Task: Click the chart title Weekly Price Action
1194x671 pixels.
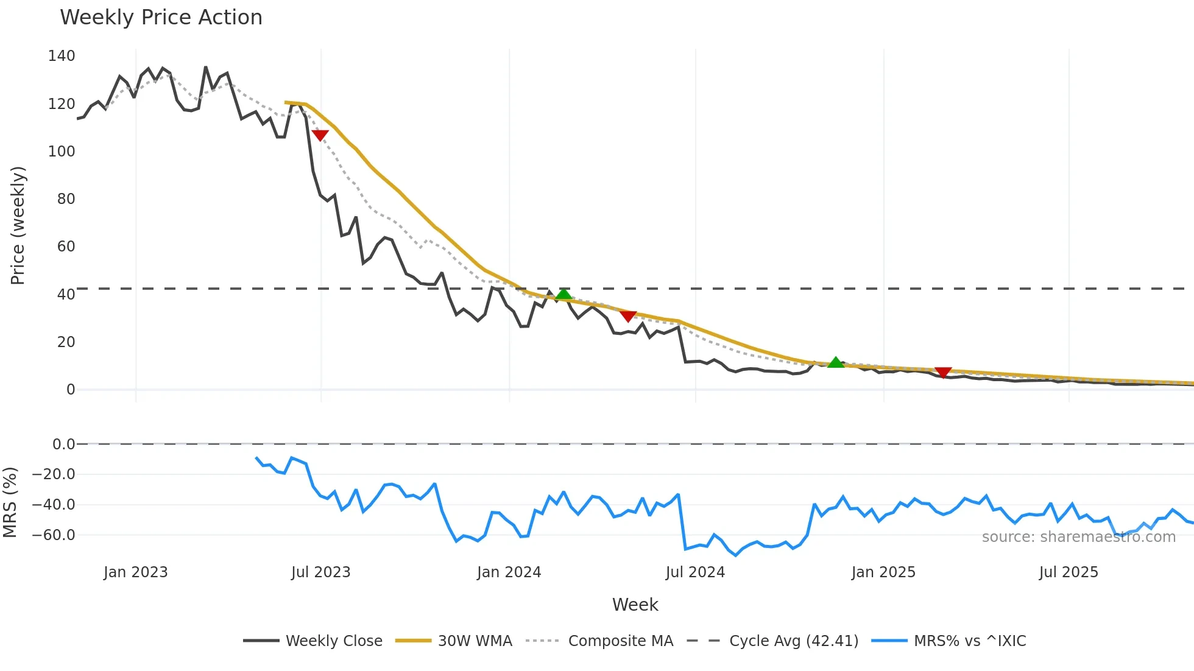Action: pos(161,18)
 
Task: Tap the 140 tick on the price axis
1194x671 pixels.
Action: pos(62,56)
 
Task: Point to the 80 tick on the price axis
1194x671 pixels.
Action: pos(66,199)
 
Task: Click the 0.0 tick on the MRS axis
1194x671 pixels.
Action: pos(63,444)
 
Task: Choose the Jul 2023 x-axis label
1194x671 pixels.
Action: pos(320,572)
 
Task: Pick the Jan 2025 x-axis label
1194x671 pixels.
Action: pos(883,572)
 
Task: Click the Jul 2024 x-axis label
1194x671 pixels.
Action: pos(695,572)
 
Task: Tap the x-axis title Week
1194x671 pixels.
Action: pos(635,605)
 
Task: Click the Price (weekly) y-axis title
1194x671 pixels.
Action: pos(18,225)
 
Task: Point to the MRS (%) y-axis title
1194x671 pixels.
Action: pos(10,502)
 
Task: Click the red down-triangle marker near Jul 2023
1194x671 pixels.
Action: pos(320,135)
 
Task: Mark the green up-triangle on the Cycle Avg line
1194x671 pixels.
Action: pos(563,295)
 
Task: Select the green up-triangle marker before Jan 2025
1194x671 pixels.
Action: pos(836,362)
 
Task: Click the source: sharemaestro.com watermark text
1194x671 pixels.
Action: pos(1078,537)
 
